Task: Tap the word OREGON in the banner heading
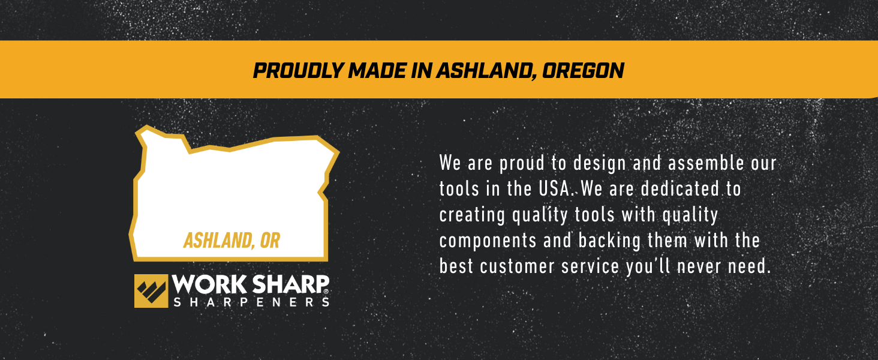583,71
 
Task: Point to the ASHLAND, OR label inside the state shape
231,241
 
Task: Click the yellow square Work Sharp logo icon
151,291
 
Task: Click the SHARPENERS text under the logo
251,302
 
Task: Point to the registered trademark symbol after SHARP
326,292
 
